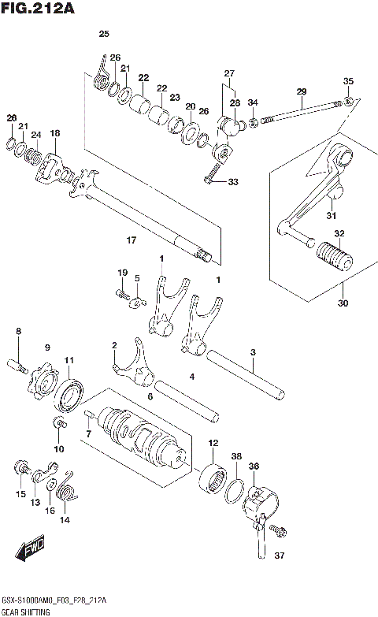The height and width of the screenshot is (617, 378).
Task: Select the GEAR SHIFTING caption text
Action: (x=26, y=611)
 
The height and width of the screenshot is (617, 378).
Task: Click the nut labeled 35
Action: (x=348, y=102)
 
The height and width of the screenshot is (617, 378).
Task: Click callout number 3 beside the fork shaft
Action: (x=253, y=352)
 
